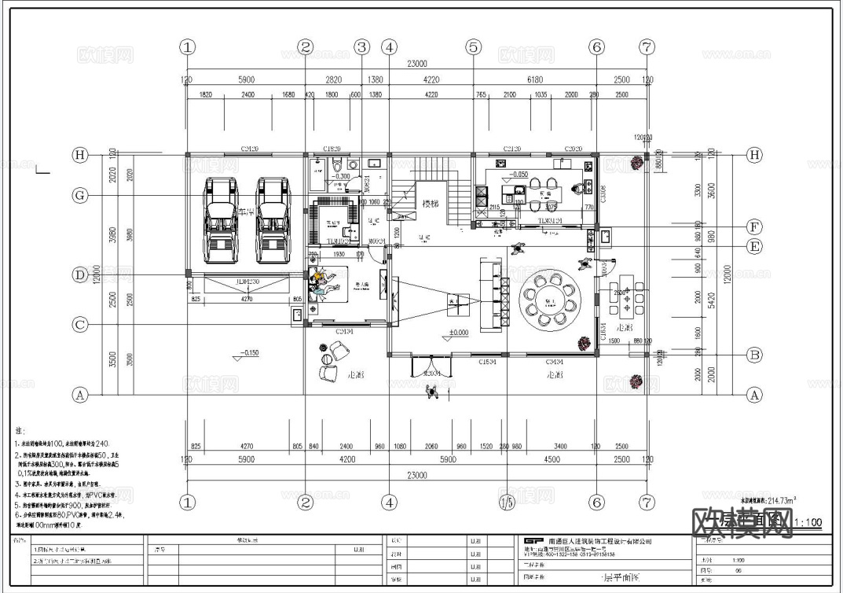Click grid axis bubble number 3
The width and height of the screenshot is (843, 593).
361,47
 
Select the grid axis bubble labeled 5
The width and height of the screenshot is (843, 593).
473,47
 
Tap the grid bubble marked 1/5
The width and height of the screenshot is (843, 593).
507,502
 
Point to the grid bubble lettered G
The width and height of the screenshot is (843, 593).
79,194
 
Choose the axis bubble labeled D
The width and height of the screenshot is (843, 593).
79,274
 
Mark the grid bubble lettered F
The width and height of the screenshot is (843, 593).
754,227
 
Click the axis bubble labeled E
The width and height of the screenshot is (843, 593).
754,245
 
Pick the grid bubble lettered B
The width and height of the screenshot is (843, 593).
754,355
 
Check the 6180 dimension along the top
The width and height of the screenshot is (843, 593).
534,79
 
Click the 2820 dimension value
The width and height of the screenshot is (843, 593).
334,79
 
